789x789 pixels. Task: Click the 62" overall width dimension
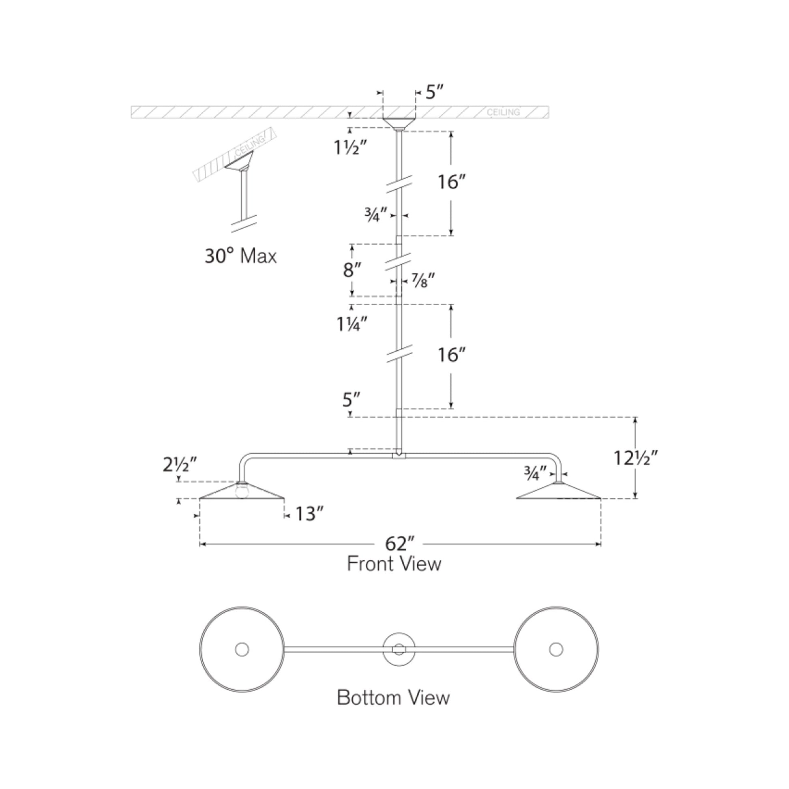(400, 544)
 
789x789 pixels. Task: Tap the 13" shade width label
(309, 514)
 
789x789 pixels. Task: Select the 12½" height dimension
(635, 458)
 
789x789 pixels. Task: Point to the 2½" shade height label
(180, 465)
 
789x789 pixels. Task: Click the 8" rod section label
(352, 270)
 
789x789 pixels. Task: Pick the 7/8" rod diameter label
(422, 281)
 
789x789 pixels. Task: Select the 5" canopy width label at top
(435, 92)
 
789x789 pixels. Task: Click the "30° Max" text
(240, 257)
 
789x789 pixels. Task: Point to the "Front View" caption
(394, 564)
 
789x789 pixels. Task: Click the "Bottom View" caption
(393, 697)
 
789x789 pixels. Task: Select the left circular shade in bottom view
(242, 650)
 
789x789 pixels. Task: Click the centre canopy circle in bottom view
(399, 649)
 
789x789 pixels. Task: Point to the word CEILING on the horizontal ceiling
(503, 112)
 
